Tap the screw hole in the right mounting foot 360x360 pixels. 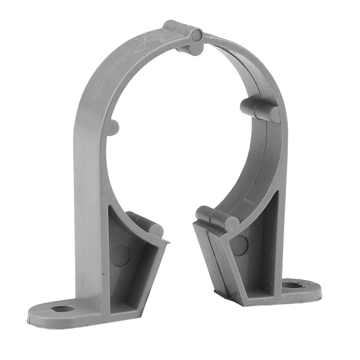tap(289, 286)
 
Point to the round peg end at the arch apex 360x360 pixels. tap(195, 35)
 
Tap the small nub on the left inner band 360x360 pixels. tap(113, 127)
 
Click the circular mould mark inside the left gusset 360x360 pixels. tap(120, 256)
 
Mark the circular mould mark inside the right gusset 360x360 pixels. tap(239, 245)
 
